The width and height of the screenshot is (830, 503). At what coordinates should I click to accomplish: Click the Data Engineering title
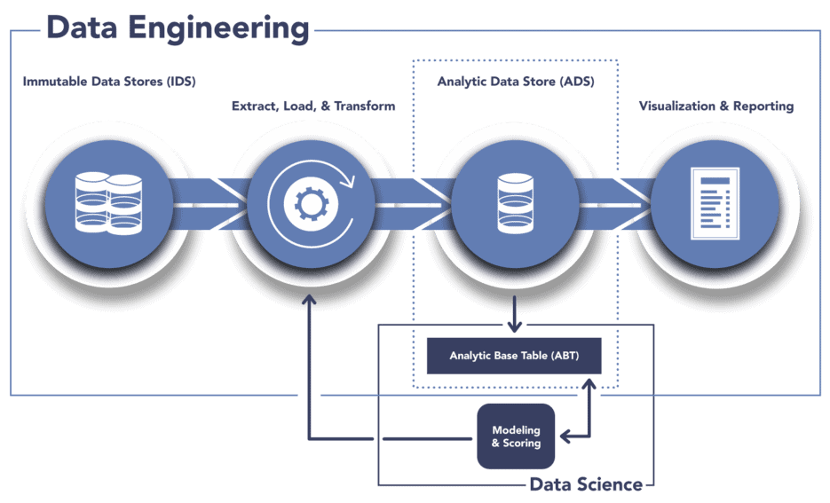point(178,28)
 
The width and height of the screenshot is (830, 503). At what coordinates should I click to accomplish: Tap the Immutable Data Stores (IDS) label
point(109,82)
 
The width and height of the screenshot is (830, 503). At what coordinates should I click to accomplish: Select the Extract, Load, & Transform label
point(313,106)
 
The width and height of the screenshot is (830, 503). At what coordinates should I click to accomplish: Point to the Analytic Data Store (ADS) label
point(516,82)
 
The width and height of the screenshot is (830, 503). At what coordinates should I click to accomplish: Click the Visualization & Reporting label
point(716,106)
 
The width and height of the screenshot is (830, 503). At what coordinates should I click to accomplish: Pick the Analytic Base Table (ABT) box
point(514,356)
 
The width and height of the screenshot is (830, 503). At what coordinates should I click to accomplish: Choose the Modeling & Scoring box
point(516,436)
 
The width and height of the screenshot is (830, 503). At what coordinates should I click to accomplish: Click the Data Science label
point(586,484)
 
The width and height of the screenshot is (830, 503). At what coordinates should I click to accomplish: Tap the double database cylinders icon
point(108,204)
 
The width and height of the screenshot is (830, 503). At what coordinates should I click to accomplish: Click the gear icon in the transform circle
point(310,204)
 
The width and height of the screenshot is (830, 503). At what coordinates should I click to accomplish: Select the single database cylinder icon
point(515,204)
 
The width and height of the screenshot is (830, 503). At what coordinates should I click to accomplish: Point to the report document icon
point(715,204)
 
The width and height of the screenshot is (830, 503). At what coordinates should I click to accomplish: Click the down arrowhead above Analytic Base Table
point(514,326)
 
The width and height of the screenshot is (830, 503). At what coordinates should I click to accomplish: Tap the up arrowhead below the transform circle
point(309,300)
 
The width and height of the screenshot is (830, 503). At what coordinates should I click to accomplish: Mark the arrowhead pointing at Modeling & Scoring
point(565,436)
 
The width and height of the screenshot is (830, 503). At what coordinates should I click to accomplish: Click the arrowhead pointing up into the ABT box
point(589,384)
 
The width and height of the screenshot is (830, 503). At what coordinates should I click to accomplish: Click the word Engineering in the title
point(218,29)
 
